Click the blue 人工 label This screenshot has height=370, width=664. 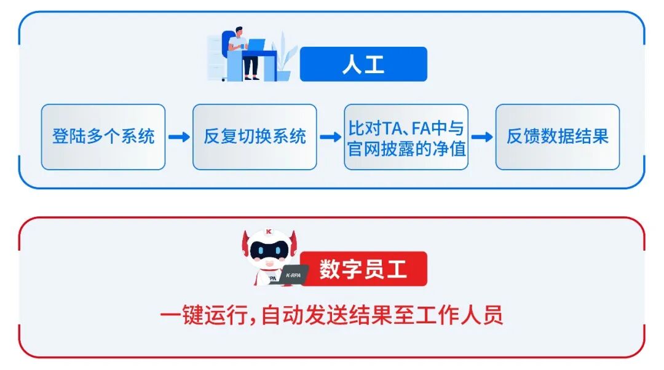tap(363, 65)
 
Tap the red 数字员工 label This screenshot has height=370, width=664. tap(363, 269)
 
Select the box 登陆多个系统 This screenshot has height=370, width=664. tap(103, 136)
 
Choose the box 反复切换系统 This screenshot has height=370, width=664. tap(255, 136)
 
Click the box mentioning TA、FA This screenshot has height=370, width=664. tap(406, 136)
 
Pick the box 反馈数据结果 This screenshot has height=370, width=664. tap(557, 136)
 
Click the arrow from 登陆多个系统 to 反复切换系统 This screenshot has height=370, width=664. tap(179, 137)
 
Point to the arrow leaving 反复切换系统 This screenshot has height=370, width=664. tap(330, 137)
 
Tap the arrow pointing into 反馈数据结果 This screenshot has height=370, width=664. tap(482, 137)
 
